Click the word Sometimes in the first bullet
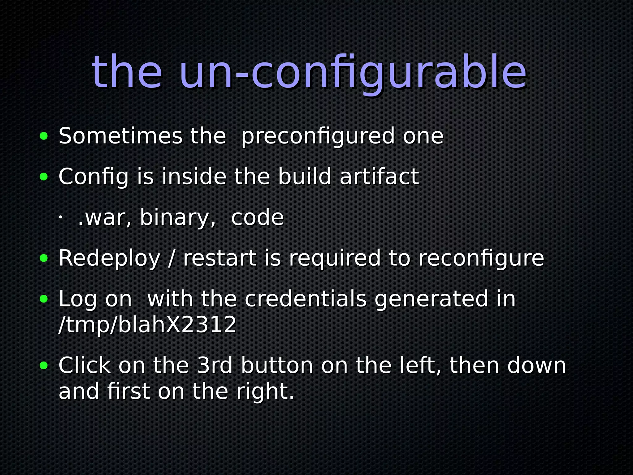point(121,136)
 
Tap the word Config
point(93,177)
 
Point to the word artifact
point(379,177)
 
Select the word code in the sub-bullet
point(257,217)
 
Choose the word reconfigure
point(481,258)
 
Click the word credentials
point(305,299)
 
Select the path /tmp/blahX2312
point(147,325)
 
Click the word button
point(277,365)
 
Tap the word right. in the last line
point(265,392)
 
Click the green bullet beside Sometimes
point(44,136)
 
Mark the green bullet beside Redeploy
point(44,258)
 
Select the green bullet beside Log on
point(44,299)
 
